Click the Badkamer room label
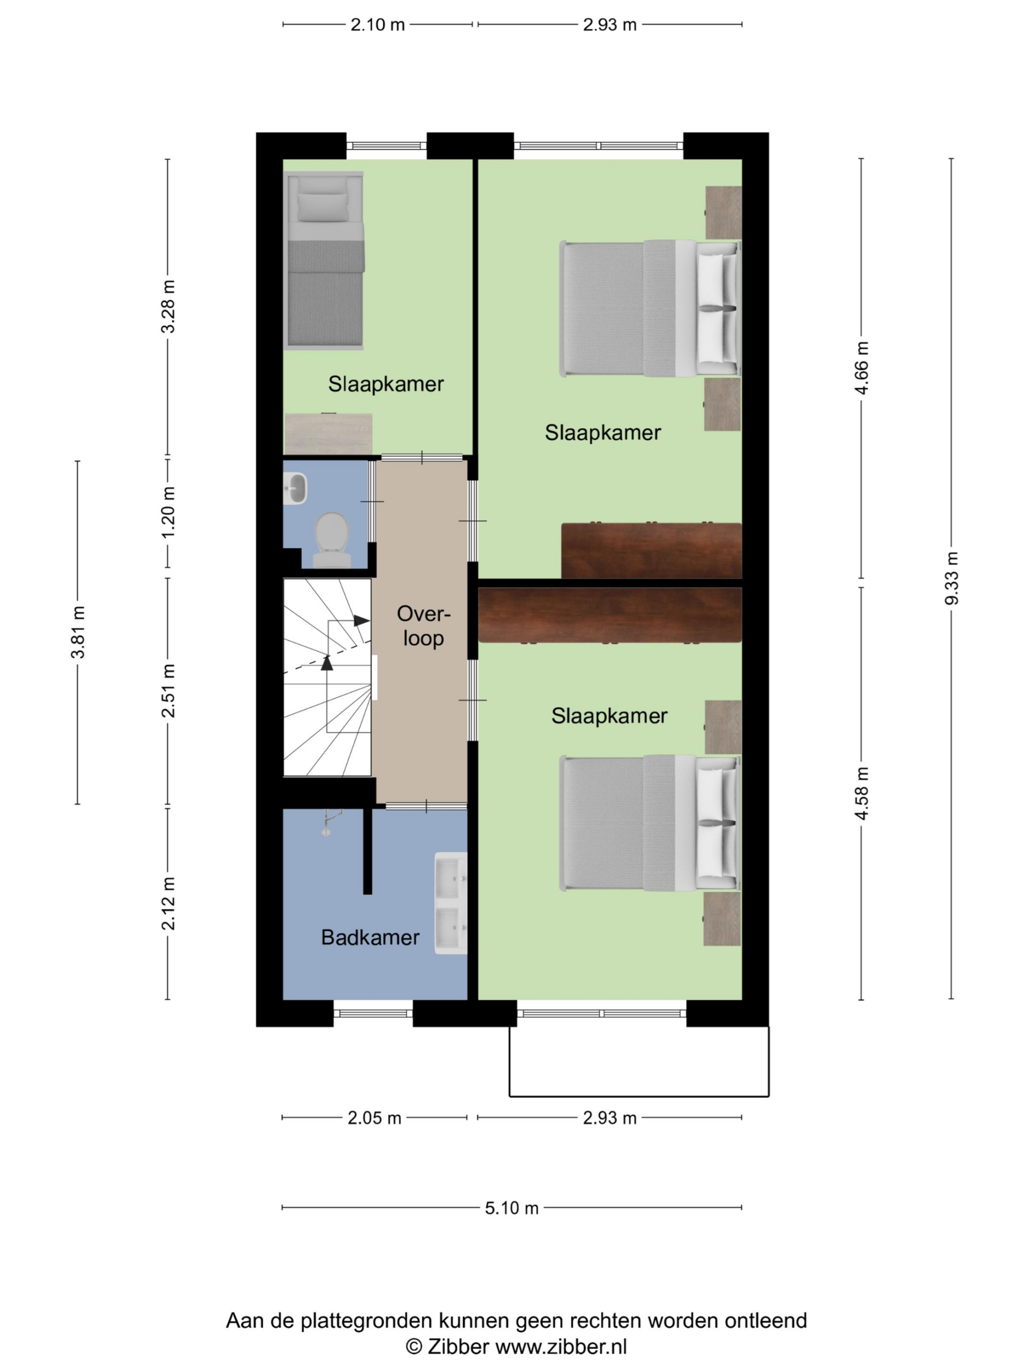click(370, 937)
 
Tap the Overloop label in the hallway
click(423, 626)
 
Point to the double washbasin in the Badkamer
click(451, 903)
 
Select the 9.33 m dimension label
click(951, 578)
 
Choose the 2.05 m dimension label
click(374, 1117)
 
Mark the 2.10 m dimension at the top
click(378, 25)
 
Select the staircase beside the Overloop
click(327, 677)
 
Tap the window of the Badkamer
click(374, 1014)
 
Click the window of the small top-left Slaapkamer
click(386, 146)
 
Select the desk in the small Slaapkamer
click(328, 434)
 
